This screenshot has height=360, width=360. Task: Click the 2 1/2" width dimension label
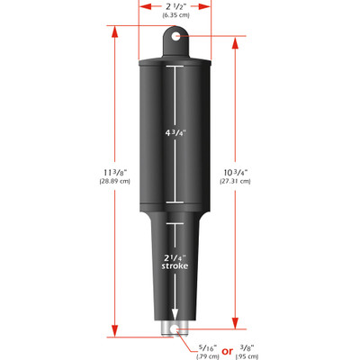[175, 6]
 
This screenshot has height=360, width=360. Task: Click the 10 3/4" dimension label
[237, 170]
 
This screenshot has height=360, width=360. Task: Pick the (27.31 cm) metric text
[237, 181]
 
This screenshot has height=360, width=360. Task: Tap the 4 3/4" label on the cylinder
[175, 132]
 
